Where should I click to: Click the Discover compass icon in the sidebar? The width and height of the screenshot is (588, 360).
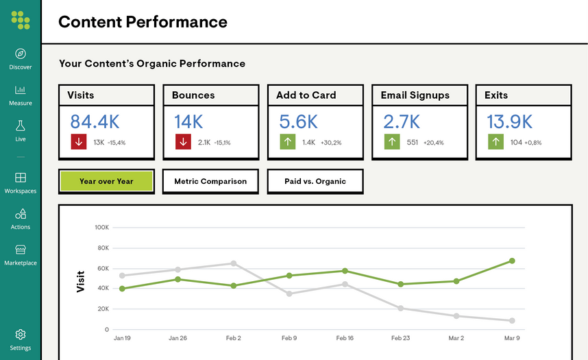[21, 53]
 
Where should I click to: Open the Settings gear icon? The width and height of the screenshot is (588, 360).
[21, 335]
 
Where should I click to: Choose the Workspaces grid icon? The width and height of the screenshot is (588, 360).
[21, 178]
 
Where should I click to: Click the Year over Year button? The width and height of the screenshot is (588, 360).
[106, 181]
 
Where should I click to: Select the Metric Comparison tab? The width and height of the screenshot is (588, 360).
[210, 181]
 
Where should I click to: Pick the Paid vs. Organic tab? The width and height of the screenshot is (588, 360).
[315, 181]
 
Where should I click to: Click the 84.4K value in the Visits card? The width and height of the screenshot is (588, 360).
[95, 122]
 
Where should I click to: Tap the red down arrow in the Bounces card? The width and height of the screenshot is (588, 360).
[183, 142]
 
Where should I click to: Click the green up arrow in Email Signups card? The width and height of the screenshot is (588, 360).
[392, 142]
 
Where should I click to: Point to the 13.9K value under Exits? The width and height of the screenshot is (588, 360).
[509, 122]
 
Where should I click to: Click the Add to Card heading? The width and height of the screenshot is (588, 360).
[306, 95]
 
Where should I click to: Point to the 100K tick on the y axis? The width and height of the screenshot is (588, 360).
[101, 227]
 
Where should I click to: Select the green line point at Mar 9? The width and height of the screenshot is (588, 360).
[512, 261]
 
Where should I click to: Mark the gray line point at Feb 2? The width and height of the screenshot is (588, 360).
[234, 263]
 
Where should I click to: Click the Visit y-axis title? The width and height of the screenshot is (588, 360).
[80, 281]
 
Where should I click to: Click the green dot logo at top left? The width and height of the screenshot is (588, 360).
[21, 20]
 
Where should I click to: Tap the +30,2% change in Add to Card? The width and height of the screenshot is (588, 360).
[330, 143]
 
